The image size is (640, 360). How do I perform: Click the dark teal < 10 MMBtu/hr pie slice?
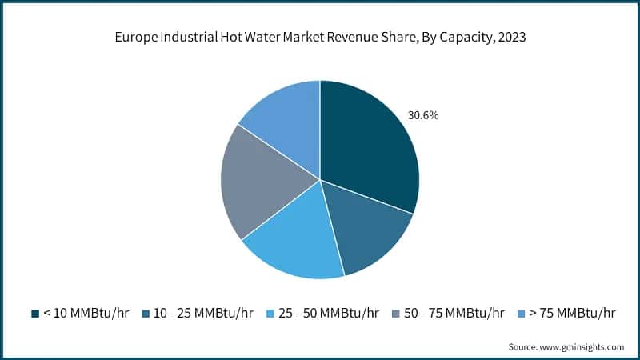368,152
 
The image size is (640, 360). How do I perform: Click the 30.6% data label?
423,115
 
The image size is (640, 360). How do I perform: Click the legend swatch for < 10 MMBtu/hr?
34,312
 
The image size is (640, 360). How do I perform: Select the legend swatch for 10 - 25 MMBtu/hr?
146,312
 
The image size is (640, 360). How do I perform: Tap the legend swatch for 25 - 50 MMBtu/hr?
270,312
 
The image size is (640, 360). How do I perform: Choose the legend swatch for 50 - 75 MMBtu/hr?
395,312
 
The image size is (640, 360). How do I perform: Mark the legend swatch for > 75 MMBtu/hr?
521,312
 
